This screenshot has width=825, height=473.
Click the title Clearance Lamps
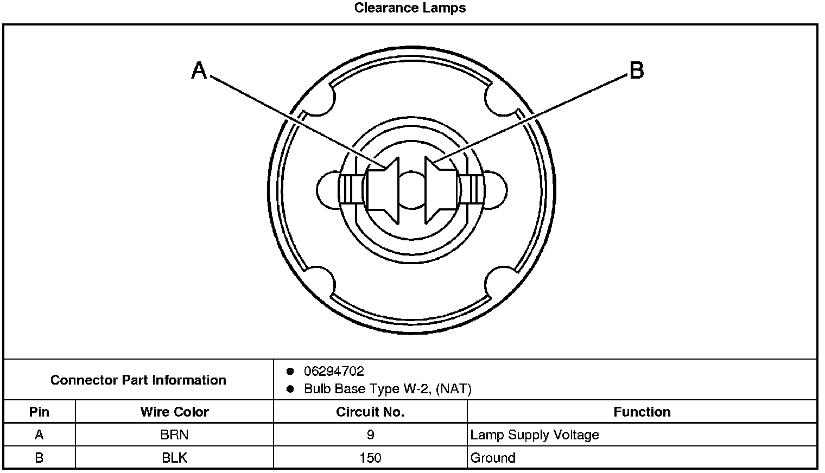click(x=410, y=8)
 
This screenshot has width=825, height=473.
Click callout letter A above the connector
click(x=199, y=71)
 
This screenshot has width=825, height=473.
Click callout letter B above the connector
click(x=636, y=71)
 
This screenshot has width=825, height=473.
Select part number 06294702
click(x=334, y=372)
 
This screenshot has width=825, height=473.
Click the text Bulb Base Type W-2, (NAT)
click(x=388, y=389)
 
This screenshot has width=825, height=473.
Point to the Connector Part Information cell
click(x=138, y=380)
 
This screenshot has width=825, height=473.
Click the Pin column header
click(x=39, y=412)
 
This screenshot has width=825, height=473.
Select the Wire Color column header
click(x=174, y=412)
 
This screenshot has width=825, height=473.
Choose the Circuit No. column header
click(x=370, y=412)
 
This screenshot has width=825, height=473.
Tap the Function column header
click(x=642, y=412)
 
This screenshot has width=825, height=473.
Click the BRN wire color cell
click(x=174, y=435)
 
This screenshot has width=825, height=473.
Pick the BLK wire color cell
click(x=174, y=458)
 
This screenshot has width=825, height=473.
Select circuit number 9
click(x=370, y=435)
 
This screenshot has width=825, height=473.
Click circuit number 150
click(x=370, y=458)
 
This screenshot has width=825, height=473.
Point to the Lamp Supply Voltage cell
click(x=535, y=435)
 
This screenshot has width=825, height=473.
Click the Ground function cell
click(x=493, y=458)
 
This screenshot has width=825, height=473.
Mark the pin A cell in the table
click(x=39, y=435)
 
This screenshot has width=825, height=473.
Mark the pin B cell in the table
click(x=39, y=458)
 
